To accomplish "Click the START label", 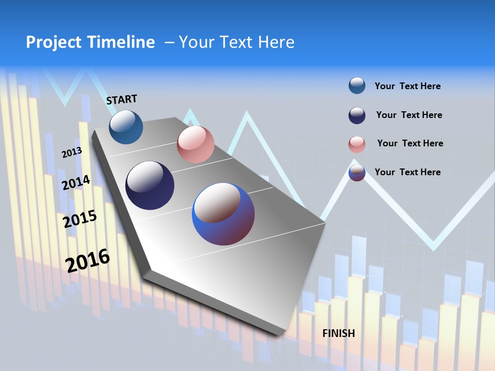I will [122, 99].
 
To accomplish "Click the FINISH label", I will [339, 333].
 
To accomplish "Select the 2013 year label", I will [72, 153].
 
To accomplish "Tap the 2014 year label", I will [76, 183].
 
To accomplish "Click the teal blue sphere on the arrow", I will [126, 127].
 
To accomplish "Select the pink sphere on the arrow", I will [195, 144].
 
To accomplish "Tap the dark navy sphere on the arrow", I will [150, 185].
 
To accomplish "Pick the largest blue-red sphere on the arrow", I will [223, 214].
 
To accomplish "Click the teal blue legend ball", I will [357, 86].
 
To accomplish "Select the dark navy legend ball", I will [357, 115].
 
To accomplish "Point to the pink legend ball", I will [357, 144].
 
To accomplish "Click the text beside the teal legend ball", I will [407, 86].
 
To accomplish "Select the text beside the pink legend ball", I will [410, 143].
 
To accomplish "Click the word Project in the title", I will [53, 42].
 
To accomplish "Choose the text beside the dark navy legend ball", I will [409, 115].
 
